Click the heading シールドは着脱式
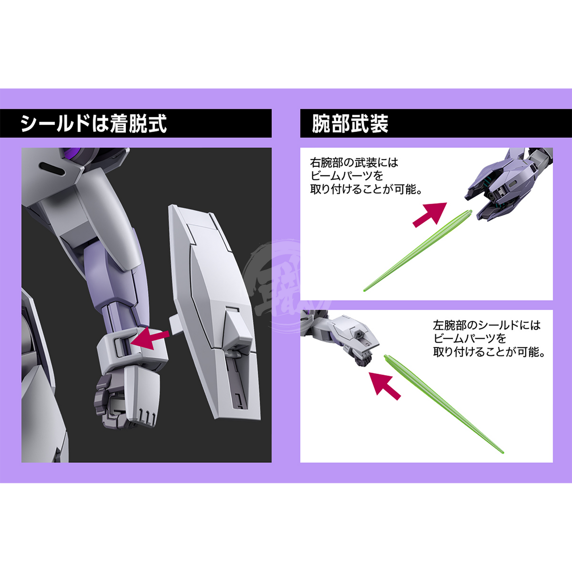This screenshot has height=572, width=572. click(x=94, y=123)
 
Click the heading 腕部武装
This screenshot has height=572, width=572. click(x=350, y=123)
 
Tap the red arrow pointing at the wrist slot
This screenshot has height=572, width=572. click(x=150, y=339)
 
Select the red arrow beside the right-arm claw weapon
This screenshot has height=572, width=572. click(x=430, y=215)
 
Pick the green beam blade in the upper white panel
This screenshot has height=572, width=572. click(x=417, y=251)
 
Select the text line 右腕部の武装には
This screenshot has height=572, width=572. click(x=354, y=162)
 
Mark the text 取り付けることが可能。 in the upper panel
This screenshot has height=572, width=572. click(x=366, y=189)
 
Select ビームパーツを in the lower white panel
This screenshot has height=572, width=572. click(x=470, y=339)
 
